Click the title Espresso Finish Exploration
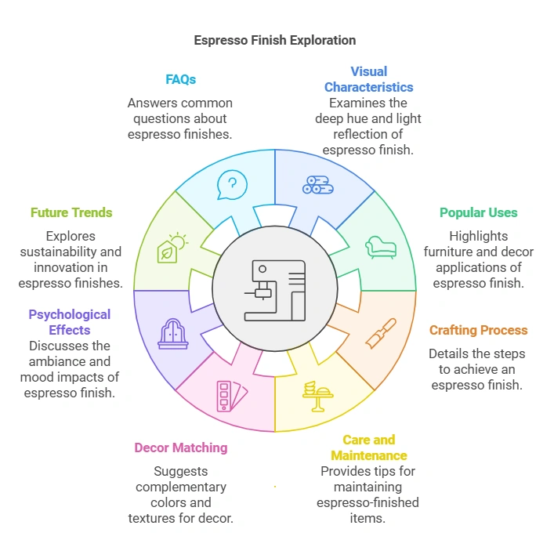(x=274, y=40)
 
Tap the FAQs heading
(x=180, y=79)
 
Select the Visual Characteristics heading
(x=368, y=79)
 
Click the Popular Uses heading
(x=478, y=212)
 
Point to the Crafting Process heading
(x=478, y=330)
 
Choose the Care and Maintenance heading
(x=368, y=447)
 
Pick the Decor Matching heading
(x=180, y=447)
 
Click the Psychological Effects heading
(x=70, y=322)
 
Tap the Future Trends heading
(x=71, y=212)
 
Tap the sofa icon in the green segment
(x=381, y=247)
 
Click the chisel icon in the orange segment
(x=381, y=333)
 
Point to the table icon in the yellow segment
(x=318, y=396)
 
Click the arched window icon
(x=172, y=333)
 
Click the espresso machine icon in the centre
(x=274, y=291)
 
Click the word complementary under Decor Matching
(x=180, y=487)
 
